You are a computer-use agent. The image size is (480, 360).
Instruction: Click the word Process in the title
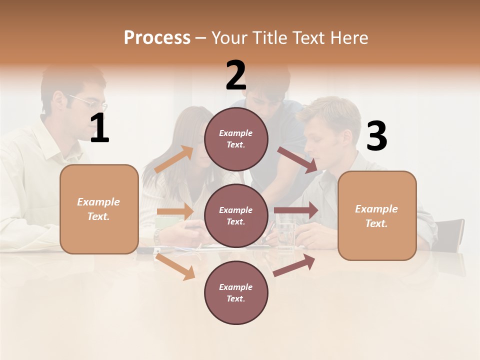point(157,38)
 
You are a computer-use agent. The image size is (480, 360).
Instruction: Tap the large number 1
point(99,128)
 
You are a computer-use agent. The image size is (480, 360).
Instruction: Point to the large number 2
point(236,75)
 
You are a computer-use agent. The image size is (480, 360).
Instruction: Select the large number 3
point(376,136)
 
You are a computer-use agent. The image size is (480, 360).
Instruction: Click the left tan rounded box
point(99,209)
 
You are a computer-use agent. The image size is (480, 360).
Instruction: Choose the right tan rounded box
point(377,216)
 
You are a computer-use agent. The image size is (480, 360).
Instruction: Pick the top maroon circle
point(236,139)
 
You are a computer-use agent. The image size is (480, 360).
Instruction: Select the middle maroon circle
point(236,215)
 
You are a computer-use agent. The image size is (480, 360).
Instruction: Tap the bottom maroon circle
point(236,292)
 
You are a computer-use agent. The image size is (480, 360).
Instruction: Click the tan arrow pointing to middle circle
point(175,211)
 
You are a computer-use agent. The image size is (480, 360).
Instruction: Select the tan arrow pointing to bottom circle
point(175,266)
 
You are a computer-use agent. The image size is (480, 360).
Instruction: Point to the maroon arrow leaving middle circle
point(296,210)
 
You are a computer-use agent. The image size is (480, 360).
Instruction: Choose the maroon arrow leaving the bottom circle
point(294,265)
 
